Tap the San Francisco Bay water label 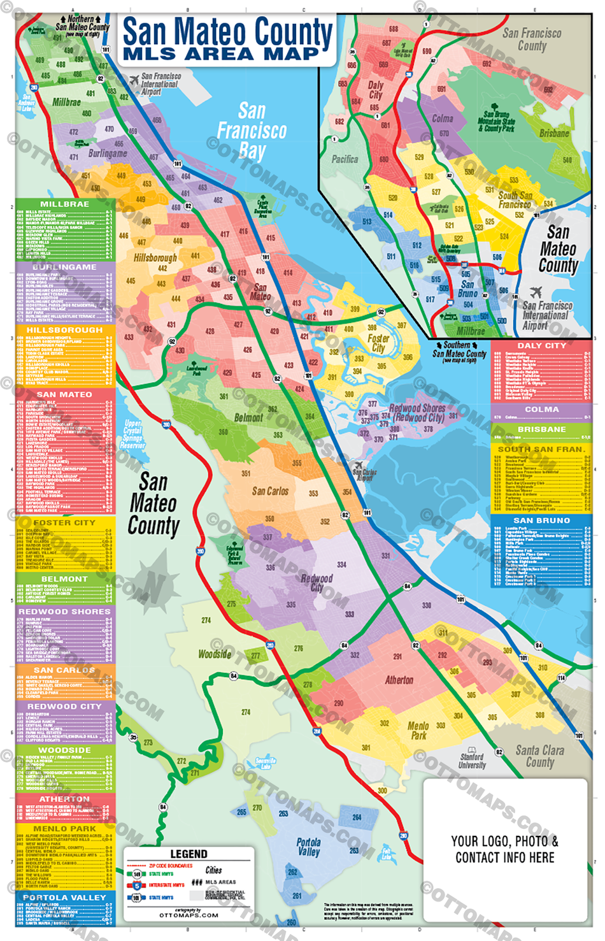(252, 131)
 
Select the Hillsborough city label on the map (155, 258)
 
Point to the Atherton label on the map (399, 680)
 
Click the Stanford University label (472, 761)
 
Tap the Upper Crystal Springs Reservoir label (132, 435)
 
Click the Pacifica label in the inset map (345, 159)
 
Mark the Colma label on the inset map (443, 119)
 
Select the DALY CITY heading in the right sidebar (541, 345)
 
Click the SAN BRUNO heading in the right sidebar (541, 521)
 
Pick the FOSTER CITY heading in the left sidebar (64, 522)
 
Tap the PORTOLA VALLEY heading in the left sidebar (64, 897)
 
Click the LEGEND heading (189, 854)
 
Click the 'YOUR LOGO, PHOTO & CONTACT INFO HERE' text (504, 849)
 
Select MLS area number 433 (129, 337)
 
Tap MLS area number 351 (246, 473)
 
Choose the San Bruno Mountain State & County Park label (496, 121)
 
